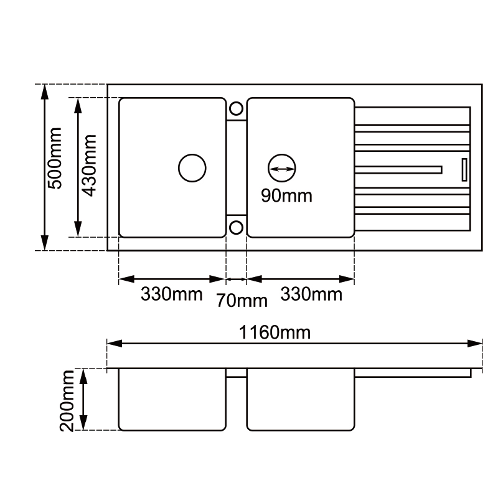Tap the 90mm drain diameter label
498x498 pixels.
coord(286,196)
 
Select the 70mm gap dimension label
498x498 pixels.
coord(242,301)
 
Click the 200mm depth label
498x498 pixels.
coord(67,400)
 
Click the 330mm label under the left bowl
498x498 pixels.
coord(171,294)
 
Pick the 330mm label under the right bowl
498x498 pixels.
coord(311,294)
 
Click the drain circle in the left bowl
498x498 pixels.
coord(192,167)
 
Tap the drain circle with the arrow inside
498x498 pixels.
coord(281,167)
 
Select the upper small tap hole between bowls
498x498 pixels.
coord(236,108)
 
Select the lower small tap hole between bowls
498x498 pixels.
coord(236,227)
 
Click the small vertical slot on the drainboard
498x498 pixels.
coord(463,169)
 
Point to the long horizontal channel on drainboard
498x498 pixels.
coord(398,169)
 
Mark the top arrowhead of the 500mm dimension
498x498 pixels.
coord(44,91)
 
